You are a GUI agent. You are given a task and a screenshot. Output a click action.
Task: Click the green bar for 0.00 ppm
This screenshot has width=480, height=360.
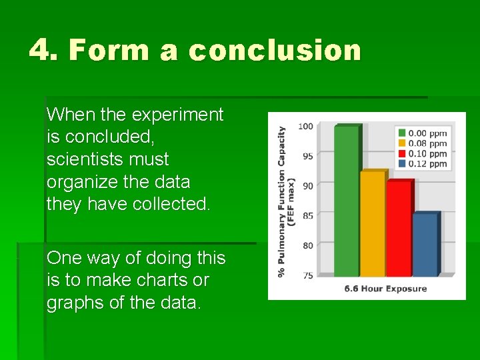tap(346, 200)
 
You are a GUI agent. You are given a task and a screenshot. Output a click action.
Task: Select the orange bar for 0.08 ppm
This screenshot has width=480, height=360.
tap(372, 223)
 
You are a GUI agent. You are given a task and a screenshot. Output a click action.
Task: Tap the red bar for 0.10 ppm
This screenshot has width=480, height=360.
tap(398, 228)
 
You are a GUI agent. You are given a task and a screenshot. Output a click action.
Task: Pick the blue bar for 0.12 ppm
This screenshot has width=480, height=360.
tap(424, 244)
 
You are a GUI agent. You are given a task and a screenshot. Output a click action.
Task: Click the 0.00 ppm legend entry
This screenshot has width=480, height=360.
tap(421, 133)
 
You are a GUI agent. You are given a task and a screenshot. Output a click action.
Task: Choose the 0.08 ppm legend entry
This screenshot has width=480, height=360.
tap(421, 143)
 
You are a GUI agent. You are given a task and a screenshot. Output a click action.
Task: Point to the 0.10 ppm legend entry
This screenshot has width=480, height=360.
tap(421, 153)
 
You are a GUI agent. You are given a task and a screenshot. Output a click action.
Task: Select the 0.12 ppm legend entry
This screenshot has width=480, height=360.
tap(421, 163)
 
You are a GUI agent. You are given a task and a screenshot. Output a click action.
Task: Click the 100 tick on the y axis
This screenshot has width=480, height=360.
tap(305, 126)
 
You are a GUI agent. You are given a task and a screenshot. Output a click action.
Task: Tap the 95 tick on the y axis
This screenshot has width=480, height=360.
tap(307, 156)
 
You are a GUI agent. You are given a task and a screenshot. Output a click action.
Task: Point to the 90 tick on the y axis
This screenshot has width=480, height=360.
tap(307, 186)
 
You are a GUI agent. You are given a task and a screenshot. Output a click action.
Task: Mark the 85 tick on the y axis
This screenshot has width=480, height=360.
tap(307, 216)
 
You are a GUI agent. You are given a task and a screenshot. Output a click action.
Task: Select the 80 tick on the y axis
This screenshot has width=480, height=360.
tap(307, 245)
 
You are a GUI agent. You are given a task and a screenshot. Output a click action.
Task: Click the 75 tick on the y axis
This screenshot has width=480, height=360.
tap(307, 275)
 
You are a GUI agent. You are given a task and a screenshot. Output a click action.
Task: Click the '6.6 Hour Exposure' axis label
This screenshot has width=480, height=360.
tap(385, 289)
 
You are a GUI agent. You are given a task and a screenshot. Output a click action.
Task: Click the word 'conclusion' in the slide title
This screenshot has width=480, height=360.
tap(274, 51)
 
